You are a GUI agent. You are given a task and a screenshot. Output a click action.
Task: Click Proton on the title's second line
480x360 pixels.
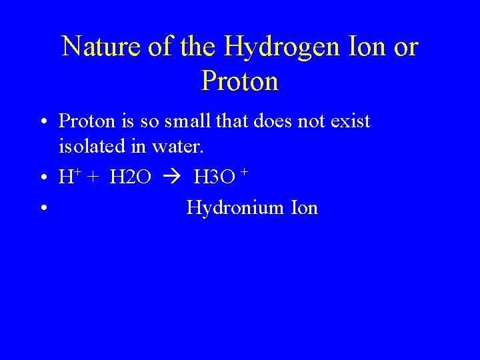(239, 81)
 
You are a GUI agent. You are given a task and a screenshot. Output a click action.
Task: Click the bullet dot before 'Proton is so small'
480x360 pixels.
(42, 122)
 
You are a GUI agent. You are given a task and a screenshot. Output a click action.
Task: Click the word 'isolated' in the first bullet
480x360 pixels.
(93, 144)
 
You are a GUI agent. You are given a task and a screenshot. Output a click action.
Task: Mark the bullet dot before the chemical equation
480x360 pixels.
(42, 178)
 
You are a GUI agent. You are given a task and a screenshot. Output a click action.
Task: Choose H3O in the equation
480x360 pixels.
(213, 177)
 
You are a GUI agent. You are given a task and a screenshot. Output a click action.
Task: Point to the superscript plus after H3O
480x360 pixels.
(245, 173)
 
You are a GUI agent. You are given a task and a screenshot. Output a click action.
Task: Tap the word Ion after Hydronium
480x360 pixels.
(305, 208)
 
